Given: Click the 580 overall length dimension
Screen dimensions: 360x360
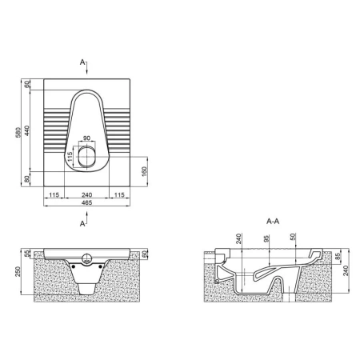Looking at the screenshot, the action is [18, 133].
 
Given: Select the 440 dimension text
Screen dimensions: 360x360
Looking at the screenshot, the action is [26, 130].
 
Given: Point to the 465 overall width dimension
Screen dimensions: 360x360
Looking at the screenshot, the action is [86, 202].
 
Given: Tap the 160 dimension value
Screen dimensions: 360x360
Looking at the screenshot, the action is [144, 171].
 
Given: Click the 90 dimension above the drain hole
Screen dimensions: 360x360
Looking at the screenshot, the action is [86, 138].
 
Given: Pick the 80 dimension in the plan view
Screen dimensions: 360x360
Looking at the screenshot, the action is [26, 179].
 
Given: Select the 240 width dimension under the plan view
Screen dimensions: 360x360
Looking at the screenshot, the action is [86, 195].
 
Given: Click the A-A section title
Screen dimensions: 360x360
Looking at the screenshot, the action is [273, 222].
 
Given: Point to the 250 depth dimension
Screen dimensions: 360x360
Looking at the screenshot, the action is [18, 271].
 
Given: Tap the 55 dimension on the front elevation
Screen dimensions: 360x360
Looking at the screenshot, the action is [26, 254].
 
